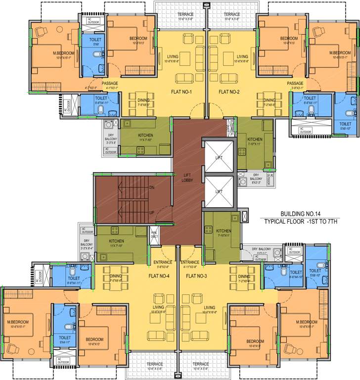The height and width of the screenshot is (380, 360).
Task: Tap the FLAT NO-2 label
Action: tap(229, 92)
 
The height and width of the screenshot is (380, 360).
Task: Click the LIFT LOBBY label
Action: tap(187, 178)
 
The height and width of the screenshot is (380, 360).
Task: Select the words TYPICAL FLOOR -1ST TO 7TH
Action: tap(300, 221)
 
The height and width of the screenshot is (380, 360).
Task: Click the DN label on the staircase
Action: tap(152, 188)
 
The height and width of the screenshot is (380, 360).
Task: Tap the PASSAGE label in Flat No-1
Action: tap(110, 83)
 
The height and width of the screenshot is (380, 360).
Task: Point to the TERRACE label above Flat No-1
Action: tap(185, 14)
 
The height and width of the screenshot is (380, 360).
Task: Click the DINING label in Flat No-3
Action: tap(244, 277)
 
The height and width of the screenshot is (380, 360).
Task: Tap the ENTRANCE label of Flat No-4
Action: tap(163, 262)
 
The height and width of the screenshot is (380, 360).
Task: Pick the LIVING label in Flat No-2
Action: tap(242, 56)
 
